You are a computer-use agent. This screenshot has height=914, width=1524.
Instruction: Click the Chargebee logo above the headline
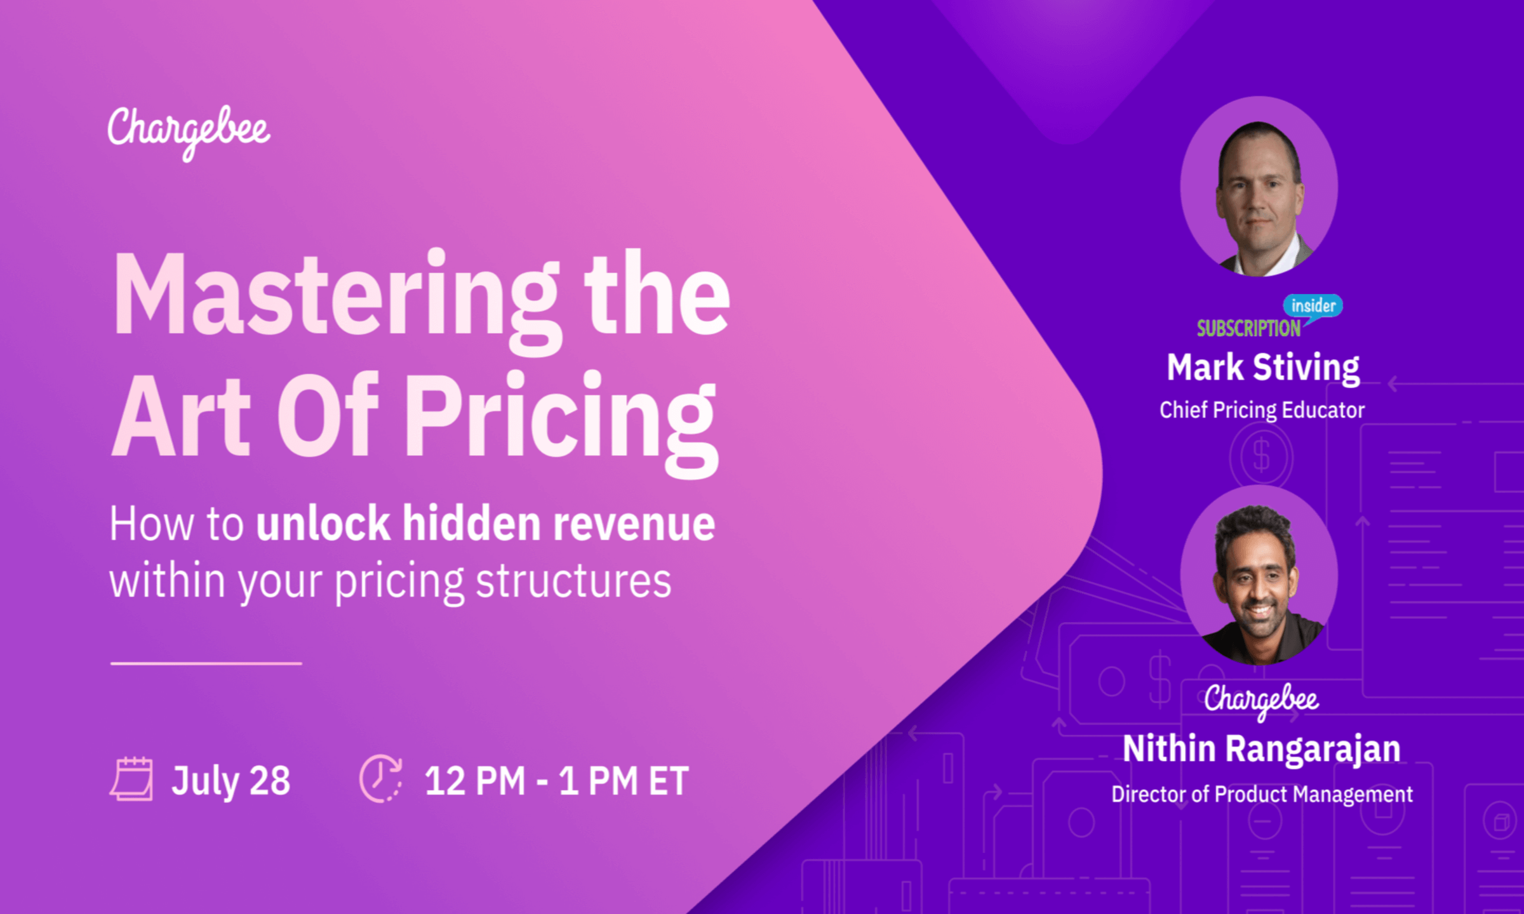click(189, 131)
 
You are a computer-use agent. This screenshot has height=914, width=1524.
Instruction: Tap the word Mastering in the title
click(337, 295)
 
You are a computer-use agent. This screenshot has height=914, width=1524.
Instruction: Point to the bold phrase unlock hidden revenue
click(486, 524)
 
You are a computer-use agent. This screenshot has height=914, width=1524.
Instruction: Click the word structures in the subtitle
click(573, 581)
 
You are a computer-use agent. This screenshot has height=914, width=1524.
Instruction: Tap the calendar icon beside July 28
click(131, 779)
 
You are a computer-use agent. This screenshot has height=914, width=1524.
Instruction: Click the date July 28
click(231, 780)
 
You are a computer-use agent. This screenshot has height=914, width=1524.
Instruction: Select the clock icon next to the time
click(380, 779)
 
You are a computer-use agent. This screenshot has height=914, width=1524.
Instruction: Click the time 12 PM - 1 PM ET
click(556, 780)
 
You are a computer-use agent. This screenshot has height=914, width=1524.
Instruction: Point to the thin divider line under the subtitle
click(206, 663)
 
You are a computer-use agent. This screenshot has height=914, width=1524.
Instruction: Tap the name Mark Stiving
click(1263, 368)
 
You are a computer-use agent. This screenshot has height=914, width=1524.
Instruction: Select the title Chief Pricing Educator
click(1262, 410)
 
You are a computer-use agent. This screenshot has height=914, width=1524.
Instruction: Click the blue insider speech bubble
click(1313, 306)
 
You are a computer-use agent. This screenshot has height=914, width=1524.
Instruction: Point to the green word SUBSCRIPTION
click(1248, 328)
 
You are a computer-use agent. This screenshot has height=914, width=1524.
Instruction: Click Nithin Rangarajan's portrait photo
click(1259, 578)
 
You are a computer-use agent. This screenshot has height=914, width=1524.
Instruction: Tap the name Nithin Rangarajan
click(1262, 748)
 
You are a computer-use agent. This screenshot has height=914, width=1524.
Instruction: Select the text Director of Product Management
click(1262, 794)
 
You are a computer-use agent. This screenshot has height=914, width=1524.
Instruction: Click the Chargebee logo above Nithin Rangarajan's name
click(1261, 700)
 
